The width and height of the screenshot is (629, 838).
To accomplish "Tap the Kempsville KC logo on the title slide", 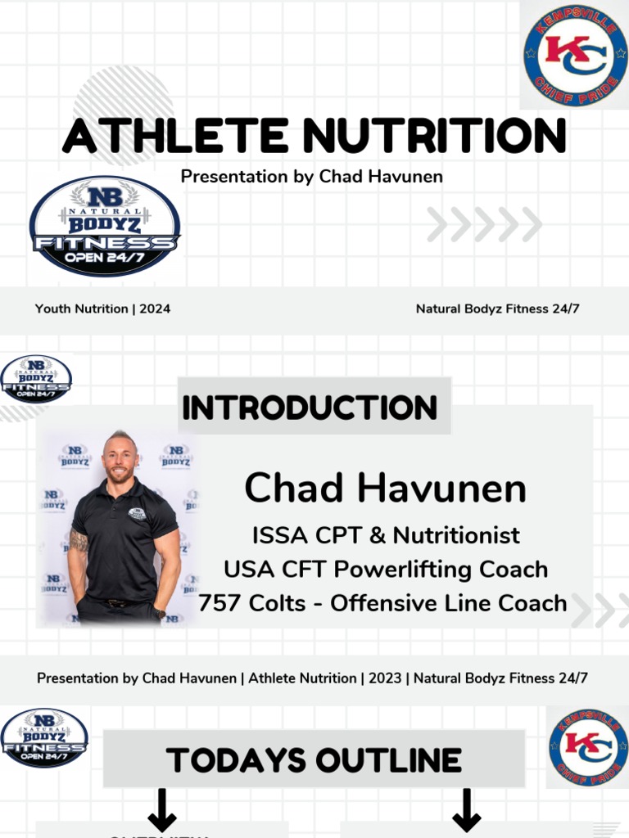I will tap(575, 56).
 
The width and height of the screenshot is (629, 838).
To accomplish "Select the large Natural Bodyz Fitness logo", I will tap(105, 227).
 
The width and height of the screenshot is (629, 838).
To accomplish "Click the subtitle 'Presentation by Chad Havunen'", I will tap(311, 176).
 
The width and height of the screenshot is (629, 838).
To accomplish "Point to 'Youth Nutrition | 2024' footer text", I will tap(102, 309).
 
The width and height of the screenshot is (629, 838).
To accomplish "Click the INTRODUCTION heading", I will tap(310, 407).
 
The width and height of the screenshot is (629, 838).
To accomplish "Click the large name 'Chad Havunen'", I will tap(385, 489).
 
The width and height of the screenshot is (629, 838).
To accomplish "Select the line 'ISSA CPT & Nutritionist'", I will tap(385, 535).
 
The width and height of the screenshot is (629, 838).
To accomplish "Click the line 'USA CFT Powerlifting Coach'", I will tap(385, 569).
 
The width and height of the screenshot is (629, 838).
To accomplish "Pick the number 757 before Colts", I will tap(216, 603).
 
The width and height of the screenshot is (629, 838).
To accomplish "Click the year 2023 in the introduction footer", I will tap(384, 678).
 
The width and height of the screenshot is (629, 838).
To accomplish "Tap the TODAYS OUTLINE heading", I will tap(314, 760).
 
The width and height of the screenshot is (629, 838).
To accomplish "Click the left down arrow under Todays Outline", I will tap(161, 810).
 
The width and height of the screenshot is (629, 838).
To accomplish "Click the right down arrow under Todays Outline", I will tap(466, 810).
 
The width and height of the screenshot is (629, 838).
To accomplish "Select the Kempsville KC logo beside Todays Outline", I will tap(587, 747).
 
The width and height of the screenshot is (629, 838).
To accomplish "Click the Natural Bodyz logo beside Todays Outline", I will tap(44, 738).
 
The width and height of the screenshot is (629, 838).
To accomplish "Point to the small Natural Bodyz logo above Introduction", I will tap(36, 379).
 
